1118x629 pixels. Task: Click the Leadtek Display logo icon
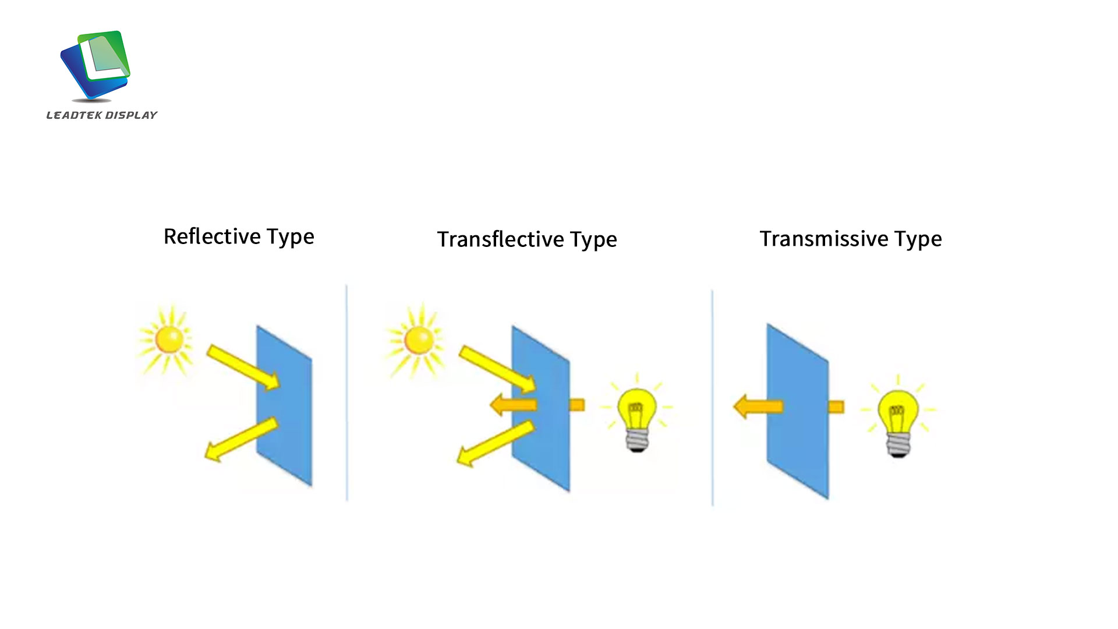pos(95,65)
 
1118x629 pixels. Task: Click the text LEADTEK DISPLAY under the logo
pos(102,115)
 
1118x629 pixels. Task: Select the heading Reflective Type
pos(239,237)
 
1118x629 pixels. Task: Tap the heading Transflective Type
pos(527,239)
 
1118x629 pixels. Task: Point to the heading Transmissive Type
pos(851,239)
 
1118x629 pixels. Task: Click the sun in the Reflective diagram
pos(168,340)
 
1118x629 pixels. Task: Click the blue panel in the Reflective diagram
pos(284,405)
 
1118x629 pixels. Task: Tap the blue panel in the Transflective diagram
pos(540,408)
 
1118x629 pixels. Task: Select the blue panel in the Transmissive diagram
pos(797,411)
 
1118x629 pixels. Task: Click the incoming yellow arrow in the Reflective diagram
pos(243,367)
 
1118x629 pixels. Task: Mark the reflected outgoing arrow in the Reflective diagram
pos(241,440)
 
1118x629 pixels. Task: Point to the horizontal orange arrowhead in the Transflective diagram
pos(513,404)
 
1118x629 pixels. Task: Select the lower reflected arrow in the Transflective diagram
pos(495,444)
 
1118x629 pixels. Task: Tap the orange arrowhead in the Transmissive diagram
pos(758,407)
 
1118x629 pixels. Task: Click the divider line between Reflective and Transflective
pos(347,393)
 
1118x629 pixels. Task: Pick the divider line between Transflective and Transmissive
pos(712,398)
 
